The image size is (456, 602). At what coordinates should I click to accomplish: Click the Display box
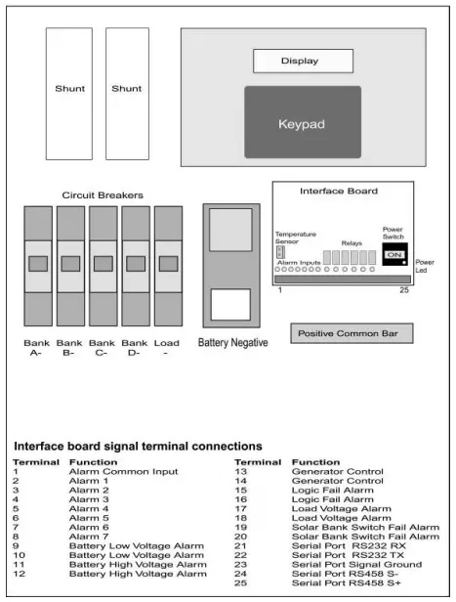coord(300,61)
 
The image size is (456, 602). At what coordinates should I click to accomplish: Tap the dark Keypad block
coord(302,123)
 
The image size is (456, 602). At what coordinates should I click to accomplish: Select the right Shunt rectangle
coord(126,93)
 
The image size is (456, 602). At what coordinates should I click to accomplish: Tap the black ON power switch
coord(394,255)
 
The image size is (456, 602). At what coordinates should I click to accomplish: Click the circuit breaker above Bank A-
coord(38,265)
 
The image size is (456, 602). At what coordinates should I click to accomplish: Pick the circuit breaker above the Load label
coord(167,265)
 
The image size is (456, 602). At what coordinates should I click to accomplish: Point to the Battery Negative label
coord(230,343)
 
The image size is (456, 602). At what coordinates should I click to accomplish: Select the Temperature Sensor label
coord(295,238)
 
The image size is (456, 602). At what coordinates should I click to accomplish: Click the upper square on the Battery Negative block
coord(230,229)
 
